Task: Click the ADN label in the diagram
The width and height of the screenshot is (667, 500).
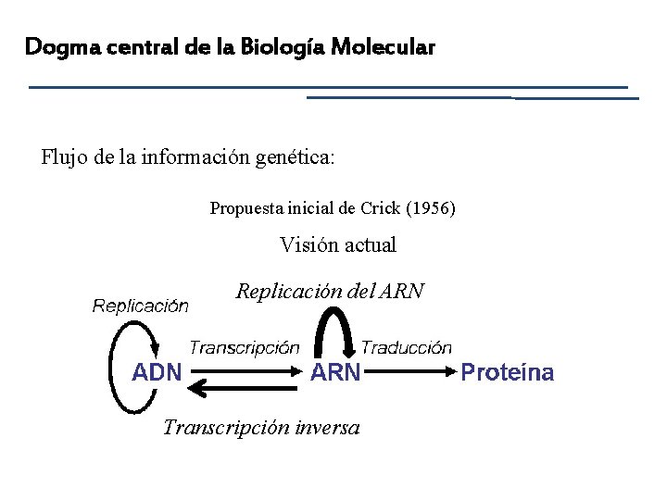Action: [157, 373]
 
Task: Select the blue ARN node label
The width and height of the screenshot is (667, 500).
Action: [335, 373]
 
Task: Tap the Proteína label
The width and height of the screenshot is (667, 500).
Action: [507, 373]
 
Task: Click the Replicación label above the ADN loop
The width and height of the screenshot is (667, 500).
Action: [141, 306]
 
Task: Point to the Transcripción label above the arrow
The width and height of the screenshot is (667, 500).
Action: [245, 348]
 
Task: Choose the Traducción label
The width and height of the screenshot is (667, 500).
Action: [407, 348]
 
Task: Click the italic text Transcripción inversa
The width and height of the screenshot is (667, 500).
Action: [262, 427]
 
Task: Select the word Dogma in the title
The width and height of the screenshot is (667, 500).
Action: [55, 45]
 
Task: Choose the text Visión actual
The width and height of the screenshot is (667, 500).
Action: [338, 245]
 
